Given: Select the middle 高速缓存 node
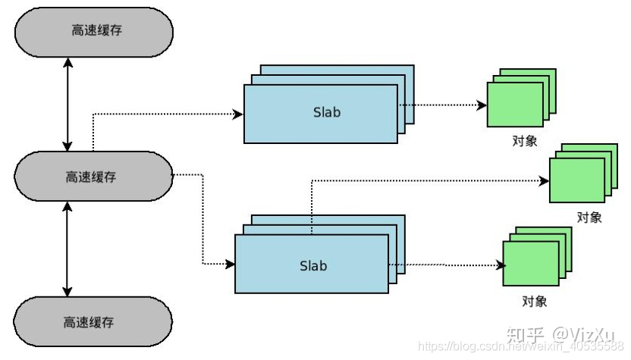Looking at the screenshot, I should pos(92,177).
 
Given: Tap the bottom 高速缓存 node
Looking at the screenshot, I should pos(92,321).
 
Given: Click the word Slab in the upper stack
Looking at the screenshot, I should pos(327,112).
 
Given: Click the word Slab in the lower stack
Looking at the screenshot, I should pos(313,265).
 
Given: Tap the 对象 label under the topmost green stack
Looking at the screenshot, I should pos(524,140).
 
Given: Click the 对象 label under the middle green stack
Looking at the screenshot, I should pos(589,218).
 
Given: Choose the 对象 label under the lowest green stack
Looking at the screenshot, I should pos(535,302).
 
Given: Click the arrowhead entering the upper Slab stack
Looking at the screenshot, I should pos(239,114).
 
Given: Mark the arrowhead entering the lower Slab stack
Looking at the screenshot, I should pos(231,264).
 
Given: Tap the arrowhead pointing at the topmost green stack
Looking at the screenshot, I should pos(482,106).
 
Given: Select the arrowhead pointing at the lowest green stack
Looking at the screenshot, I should pos(500,265).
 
